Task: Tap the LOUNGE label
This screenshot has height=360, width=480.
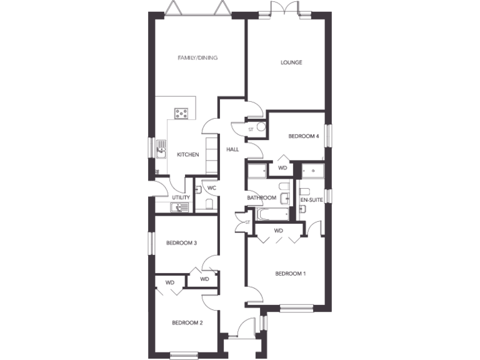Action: click(x=291, y=62)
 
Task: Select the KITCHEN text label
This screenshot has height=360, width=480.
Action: click(x=187, y=155)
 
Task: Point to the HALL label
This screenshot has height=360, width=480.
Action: click(x=232, y=149)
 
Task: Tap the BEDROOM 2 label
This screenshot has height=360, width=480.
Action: click(x=187, y=322)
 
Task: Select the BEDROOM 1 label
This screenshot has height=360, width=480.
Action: click(x=291, y=273)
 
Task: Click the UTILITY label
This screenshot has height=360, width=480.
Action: click(x=181, y=197)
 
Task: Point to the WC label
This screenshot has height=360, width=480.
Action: click(x=211, y=187)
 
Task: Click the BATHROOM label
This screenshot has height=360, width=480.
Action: click(x=261, y=198)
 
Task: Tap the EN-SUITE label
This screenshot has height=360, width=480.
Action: click(x=312, y=200)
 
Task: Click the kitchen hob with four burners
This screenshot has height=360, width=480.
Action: click(x=182, y=113)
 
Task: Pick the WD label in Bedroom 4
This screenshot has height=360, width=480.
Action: click(x=282, y=167)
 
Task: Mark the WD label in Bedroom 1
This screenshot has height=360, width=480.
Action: click(x=279, y=231)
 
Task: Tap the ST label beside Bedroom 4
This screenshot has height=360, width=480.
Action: click(x=251, y=129)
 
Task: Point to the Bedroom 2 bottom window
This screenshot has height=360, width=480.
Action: click(x=184, y=356)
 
